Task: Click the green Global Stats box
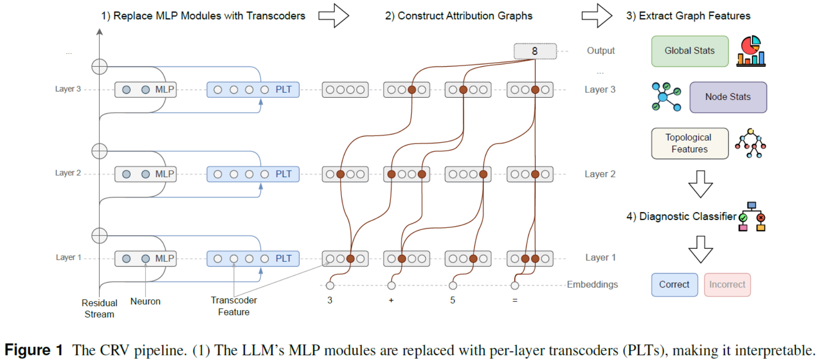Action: [689, 51]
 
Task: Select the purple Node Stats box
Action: [727, 97]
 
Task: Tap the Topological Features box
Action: [689, 143]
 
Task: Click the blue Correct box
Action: [674, 284]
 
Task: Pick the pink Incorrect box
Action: [727, 284]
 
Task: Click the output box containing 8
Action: [535, 51]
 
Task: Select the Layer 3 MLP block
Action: [145, 90]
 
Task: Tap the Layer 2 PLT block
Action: [253, 174]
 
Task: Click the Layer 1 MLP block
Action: [145, 259]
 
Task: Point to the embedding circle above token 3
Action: [330, 285]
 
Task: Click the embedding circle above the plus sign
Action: [391, 285]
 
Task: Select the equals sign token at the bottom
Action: [515, 301]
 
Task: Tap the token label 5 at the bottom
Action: [453, 301]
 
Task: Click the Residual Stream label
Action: [99, 309]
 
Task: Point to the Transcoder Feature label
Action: [233, 306]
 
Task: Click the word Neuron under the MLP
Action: [145, 301]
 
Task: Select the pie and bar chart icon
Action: [751, 51]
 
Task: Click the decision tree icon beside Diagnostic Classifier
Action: [752, 217]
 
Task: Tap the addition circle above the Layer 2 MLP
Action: [99, 151]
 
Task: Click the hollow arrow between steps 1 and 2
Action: [334, 16]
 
